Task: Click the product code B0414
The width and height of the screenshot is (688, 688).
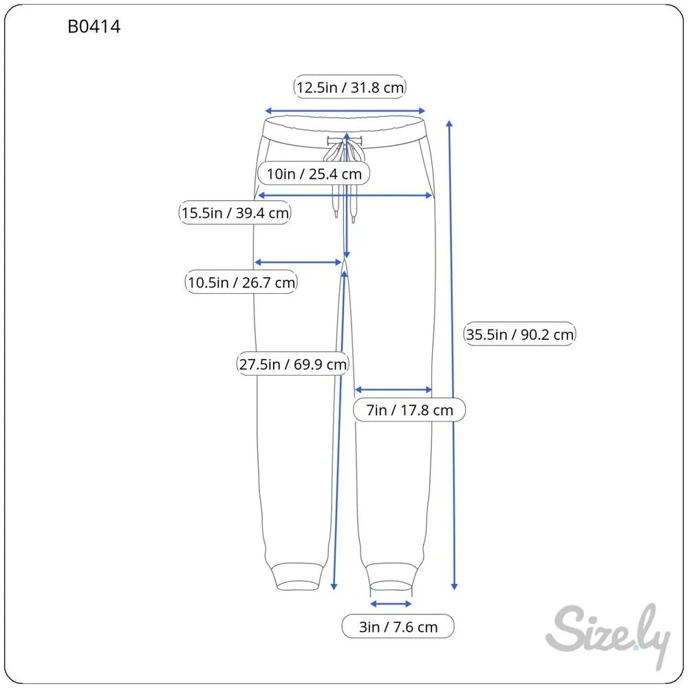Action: [94, 27]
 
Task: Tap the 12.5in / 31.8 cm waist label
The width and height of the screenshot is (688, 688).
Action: [350, 87]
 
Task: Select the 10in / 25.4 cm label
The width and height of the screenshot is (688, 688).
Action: [314, 173]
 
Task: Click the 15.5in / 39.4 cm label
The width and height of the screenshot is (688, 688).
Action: [235, 213]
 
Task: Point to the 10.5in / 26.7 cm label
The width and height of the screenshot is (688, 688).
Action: [241, 282]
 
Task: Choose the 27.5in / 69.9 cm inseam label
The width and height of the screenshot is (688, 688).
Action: [292, 364]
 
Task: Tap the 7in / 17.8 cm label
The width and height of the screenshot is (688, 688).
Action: [409, 410]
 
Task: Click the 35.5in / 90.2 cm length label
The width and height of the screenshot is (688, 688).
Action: [519, 334]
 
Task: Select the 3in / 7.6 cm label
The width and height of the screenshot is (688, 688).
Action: [398, 627]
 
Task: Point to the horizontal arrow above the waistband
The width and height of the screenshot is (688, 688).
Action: [345, 111]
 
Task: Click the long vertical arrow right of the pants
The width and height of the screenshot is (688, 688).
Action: [452, 355]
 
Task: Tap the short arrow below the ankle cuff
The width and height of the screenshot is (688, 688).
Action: [391, 604]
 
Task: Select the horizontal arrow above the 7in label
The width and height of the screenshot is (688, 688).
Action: [394, 389]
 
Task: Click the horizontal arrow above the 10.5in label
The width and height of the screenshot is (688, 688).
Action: [298, 262]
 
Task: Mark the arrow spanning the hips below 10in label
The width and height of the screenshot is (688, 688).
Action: [345, 195]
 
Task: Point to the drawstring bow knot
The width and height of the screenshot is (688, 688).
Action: [345, 149]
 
